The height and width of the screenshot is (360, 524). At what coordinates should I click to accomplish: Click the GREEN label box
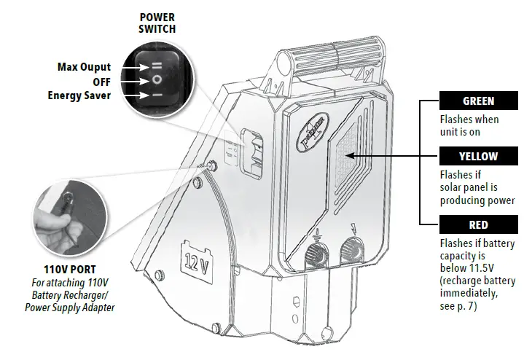pyautogui.click(x=477, y=101)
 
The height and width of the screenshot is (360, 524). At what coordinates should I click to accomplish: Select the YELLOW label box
pyautogui.click(x=477, y=156)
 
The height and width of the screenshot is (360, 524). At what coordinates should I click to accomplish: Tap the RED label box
pyautogui.click(x=477, y=224)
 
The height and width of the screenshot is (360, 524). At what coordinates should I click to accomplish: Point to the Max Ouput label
pyautogui.click(x=85, y=67)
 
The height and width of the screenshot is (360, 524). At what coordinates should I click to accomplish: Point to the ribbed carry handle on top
pyautogui.click(x=335, y=55)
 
